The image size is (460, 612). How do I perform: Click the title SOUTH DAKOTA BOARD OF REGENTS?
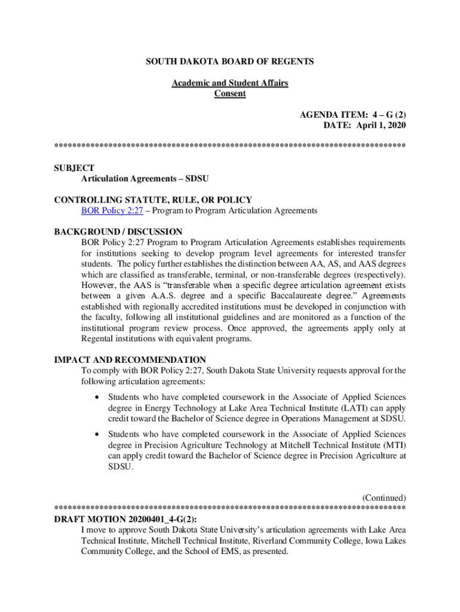pos(230,62)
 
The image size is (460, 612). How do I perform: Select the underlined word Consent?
pos(230,93)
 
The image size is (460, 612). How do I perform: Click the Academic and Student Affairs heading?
pos(230,83)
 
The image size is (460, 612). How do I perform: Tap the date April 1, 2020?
pos(378,124)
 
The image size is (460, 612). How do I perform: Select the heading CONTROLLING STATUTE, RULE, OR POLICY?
pos(153,200)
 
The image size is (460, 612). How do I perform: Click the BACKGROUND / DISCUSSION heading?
pos(118,231)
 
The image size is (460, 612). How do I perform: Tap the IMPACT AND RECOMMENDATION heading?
pos(130,360)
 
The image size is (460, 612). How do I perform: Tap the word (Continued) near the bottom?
pos(384,498)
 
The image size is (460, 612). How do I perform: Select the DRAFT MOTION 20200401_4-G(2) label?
pos(125,519)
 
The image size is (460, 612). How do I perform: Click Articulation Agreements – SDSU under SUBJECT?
pos(145,179)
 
